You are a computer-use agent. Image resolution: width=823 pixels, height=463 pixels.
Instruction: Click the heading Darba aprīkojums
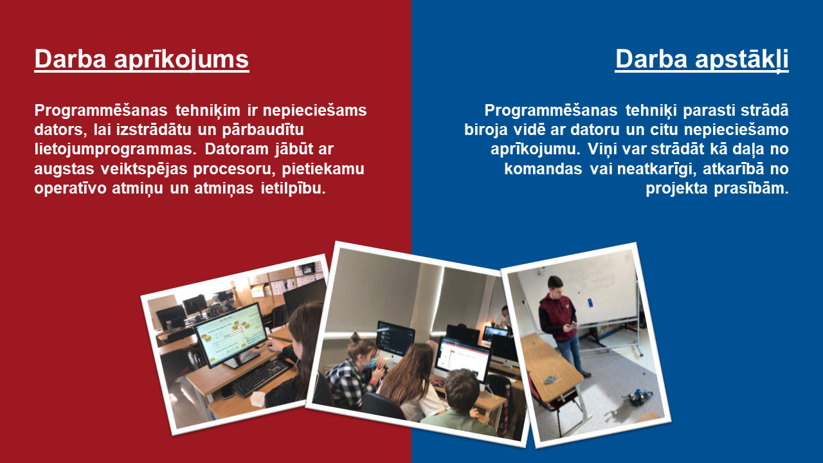[x=141, y=60]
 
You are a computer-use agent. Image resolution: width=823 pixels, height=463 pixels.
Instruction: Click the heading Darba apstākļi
[x=701, y=60]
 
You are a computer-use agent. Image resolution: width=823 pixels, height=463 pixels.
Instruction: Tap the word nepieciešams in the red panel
[x=314, y=110]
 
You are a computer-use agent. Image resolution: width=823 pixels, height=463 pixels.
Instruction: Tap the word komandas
[x=543, y=169]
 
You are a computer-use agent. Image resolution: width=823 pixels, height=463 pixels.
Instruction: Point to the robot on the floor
[x=637, y=398]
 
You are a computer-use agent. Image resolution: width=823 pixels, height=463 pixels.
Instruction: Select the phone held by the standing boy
[x=572, y=325]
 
